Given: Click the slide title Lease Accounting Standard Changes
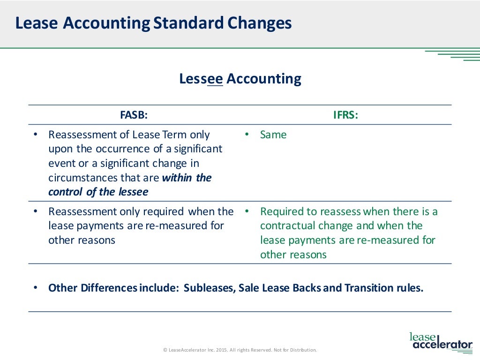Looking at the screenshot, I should [153, 23].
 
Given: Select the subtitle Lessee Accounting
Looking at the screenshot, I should [240, 79].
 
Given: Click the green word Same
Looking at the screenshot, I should [273, 135].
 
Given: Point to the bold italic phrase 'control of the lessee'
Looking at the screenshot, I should [98, 192].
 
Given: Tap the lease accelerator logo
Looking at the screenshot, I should [441, 341].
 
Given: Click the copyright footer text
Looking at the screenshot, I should [240, 350].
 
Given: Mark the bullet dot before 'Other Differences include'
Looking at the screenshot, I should [36, 288].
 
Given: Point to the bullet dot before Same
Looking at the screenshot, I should [246, 135].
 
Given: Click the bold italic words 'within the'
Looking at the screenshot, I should [187, 178].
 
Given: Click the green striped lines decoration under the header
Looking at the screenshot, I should [452, 54].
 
